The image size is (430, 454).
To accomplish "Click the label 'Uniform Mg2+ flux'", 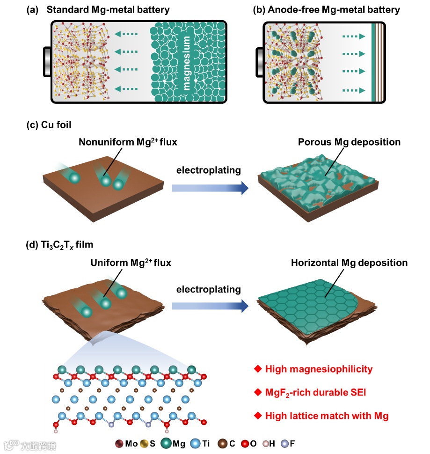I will tap(131, 263).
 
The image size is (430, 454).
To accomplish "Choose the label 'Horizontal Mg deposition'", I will tap(349, 263).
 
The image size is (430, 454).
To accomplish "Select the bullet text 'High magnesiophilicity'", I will tap(319, 369).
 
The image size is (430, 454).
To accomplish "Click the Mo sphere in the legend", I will tap(119, 444).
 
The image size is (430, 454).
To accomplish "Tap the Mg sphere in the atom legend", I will tap(167, 444).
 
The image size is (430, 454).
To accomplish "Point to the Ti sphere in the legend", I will tap(196, 444).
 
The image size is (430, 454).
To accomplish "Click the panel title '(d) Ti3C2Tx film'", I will tap(61, 244).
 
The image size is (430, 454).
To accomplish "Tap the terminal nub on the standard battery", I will tap(47, 61).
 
